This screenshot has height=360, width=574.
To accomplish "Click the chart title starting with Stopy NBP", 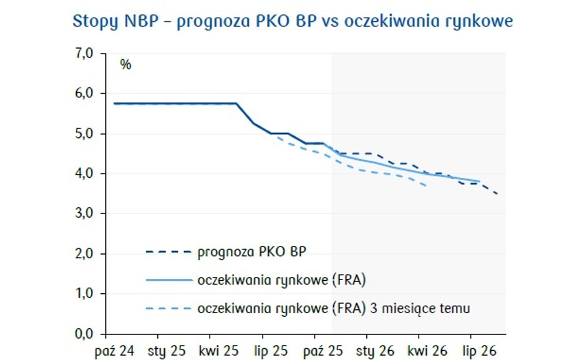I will (293, 22).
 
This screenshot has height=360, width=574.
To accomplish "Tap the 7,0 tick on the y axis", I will (85, 54).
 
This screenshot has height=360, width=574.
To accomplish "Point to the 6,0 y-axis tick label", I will (85, 94).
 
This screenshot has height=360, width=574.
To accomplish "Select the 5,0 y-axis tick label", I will (85, 134).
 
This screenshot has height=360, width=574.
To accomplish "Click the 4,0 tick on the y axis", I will (85, 173).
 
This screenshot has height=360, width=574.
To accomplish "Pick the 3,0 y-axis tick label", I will (85, 213).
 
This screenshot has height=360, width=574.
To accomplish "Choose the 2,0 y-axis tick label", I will (85, 254).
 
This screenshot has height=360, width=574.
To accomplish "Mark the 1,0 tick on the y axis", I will (85, 294).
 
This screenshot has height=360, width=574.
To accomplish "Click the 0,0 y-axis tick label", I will (85, 334).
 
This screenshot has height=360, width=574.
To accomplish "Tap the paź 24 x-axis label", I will (115, 350).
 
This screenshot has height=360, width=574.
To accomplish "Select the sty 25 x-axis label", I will (166, 350).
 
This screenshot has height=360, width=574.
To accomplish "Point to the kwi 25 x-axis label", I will (218, 350).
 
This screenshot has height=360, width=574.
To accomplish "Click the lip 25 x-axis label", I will (270, 350).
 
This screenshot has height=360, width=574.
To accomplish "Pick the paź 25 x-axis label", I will (323, 350).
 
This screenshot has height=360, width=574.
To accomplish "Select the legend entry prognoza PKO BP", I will (251, 253).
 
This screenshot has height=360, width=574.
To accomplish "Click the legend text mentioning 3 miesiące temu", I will (333, 308).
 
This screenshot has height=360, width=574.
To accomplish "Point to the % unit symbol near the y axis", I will (125, 65).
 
